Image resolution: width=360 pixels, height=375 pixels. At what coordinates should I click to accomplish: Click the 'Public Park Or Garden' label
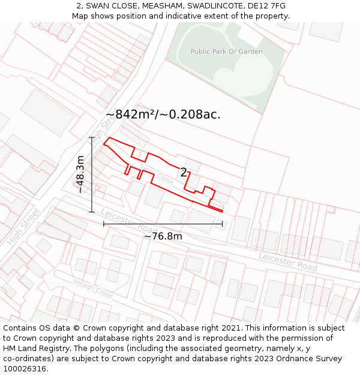[226, 52]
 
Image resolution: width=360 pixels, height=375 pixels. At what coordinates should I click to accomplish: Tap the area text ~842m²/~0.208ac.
[163, 114]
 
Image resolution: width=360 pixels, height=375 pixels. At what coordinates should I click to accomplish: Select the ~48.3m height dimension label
[80, 175]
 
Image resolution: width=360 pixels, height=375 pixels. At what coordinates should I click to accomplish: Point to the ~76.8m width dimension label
[163, 236]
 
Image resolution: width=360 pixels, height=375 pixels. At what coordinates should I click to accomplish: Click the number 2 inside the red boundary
[184, 173]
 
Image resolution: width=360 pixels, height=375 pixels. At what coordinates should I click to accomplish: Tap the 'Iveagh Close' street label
[93, 289]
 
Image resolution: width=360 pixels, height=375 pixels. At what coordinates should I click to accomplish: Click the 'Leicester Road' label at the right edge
[288, 262]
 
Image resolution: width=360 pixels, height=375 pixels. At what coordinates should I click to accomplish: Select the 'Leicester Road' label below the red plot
[128, 221]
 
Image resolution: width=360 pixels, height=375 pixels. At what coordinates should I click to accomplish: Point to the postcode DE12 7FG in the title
[265, 6]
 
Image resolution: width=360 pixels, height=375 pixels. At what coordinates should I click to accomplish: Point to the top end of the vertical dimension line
[92, 137]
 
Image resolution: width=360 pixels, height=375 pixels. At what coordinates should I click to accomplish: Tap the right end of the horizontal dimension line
[223, 224]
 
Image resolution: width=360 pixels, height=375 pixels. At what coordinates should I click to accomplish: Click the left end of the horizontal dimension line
[104, 224]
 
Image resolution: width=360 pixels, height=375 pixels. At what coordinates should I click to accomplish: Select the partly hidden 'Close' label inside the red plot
[164, 179]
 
